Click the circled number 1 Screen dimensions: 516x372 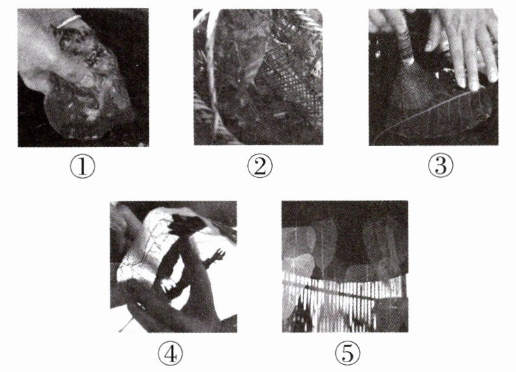(x=83, y=166)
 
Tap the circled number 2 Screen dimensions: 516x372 (x=260, y=166)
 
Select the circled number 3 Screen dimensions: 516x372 (x=440, y=165)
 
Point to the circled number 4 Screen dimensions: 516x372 (x=170, y=353)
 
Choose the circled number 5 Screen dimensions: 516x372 (x=348, y=353)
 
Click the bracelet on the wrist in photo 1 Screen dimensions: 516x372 (x=69, y=21)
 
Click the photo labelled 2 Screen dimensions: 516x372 (x=258, y=77)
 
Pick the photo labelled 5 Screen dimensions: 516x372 (x=345, y=266)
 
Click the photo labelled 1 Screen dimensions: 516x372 (x=83, y=78)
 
